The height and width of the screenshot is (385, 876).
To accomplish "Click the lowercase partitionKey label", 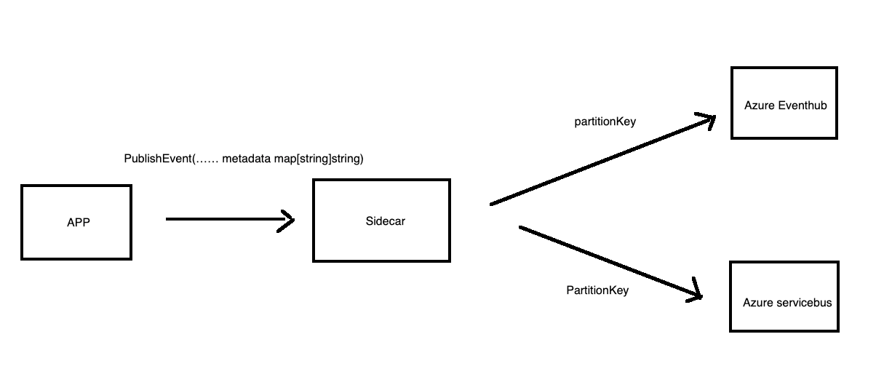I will [x=605, y=122].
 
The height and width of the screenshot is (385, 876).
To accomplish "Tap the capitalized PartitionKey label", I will [x=597, y=290].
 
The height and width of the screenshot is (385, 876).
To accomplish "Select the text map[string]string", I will [x=318, y=159].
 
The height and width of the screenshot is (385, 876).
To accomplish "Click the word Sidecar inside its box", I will [x=385, y=221].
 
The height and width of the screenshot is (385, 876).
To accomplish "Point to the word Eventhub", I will [x=803, y=106].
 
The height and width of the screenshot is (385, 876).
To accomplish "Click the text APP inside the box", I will [x=78, y=223].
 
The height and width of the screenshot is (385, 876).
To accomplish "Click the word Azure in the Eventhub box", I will [x=759, y=106].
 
